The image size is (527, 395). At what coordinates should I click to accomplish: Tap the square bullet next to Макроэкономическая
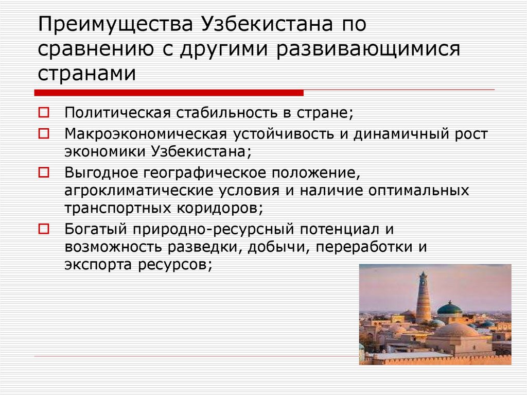coord(45,133)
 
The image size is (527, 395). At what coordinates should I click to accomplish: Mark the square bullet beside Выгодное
coord(45,169)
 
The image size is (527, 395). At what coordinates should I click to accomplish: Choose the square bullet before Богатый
coord(45,227)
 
